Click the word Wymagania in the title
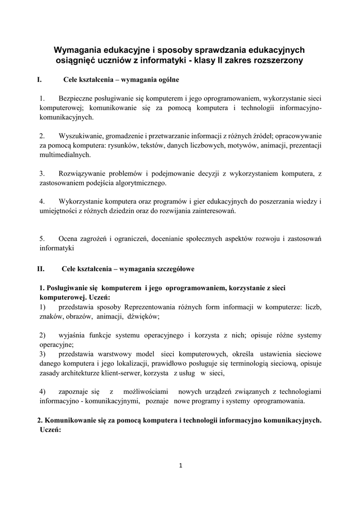click(x=77, y=50)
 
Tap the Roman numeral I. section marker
click(x=39, y=79)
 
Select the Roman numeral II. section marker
click(x=41, y=269)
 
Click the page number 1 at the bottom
click(x=181, y=465)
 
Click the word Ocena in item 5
click(x=68, y=238)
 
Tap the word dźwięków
click(x=143, y=316)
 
